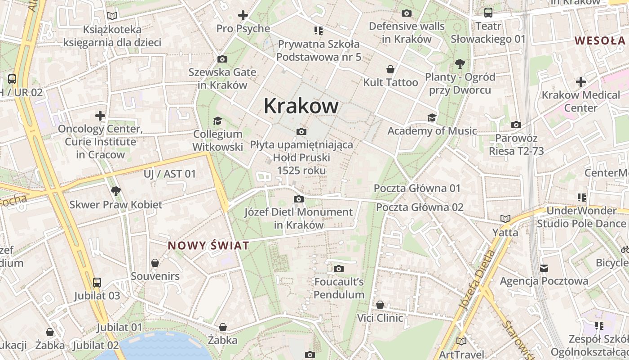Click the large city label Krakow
[301, 106]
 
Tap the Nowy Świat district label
[208, 246]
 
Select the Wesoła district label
[600, 40]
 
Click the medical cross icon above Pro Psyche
[243, 15]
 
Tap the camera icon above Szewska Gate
[222, 59]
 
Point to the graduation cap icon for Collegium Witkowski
[218, 121]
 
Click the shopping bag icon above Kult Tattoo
[390, 69]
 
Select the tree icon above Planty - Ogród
[460, 63]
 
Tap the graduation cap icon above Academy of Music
[432, 118]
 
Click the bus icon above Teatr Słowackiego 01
[488, 13]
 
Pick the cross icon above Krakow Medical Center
[581, 82]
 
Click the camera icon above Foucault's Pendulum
[339, 269]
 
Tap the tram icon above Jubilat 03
[97, 283]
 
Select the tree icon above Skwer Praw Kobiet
[115, 191]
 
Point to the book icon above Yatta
[505, 219]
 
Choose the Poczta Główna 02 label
[420, 207]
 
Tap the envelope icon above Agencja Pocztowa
[544, 268]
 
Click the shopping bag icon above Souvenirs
[155, 262]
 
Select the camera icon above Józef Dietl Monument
[299, 199]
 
